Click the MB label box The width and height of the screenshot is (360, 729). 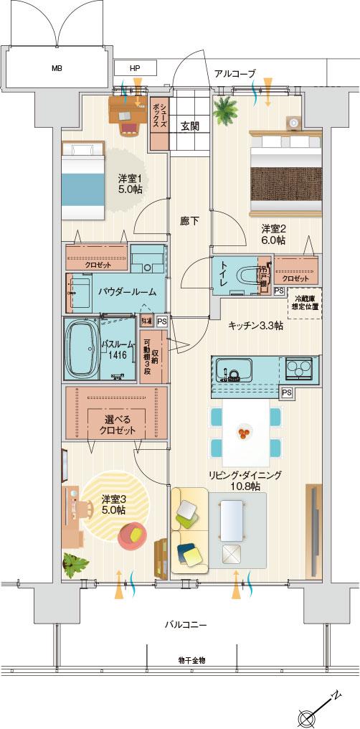click(x=56, y=69)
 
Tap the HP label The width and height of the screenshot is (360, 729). click(x=135, y=69)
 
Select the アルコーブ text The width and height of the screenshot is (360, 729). click(x=234, y=74)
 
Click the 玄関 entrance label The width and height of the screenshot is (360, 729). click(x=189, y=126)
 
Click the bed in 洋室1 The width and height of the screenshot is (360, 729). click(x=83, y=181)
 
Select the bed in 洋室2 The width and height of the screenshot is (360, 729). click(x=284, y=174)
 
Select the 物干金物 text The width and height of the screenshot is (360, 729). click(x=191, y=659)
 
